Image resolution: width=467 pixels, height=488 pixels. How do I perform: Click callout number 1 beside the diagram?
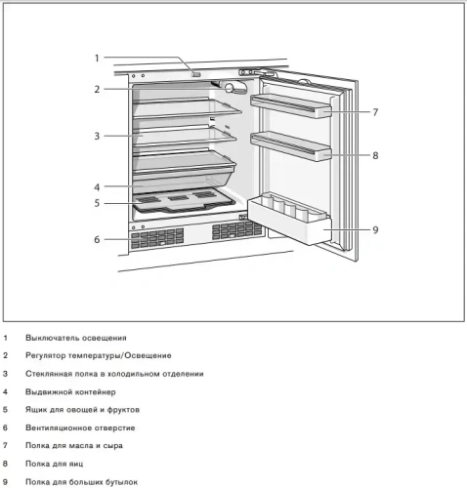(97, 58)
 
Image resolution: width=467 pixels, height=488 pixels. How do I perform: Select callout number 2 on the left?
(97, 89)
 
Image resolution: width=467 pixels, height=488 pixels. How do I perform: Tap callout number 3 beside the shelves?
(97, 136)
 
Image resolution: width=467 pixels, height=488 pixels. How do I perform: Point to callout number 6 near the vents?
(97, 239)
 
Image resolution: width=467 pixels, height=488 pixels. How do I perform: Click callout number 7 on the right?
(375, 112)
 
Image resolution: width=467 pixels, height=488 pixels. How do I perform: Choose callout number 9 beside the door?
(375, 230)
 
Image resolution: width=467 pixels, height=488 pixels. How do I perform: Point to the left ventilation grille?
(156, 238)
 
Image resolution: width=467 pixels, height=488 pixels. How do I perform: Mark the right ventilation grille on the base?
(234, 230)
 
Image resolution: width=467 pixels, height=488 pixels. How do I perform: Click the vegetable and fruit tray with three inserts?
(182, 201)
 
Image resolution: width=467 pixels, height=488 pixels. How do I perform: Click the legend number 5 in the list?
(5, 410)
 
